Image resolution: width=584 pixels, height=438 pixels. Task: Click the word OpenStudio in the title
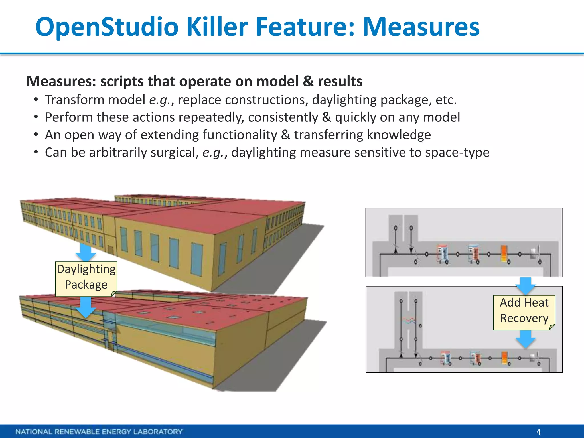coord(107,27)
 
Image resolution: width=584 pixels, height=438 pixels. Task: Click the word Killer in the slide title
coord(217,27)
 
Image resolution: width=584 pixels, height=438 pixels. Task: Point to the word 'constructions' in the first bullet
coord(266,100)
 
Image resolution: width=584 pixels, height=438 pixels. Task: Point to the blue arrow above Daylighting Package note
coord(86,252)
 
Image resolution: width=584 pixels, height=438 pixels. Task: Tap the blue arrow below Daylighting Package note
coord(86,307)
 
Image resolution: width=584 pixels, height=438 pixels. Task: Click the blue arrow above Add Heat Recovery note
coord(526,286)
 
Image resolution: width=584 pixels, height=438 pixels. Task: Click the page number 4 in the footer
coord(538,432)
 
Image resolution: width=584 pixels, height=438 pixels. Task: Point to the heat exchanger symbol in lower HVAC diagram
coord(409,321)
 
